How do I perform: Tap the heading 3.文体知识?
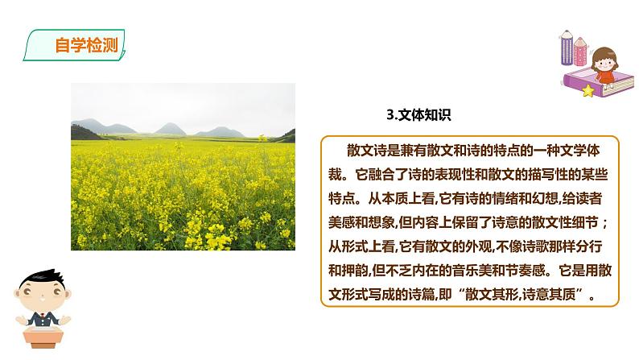tap(419, 115)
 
